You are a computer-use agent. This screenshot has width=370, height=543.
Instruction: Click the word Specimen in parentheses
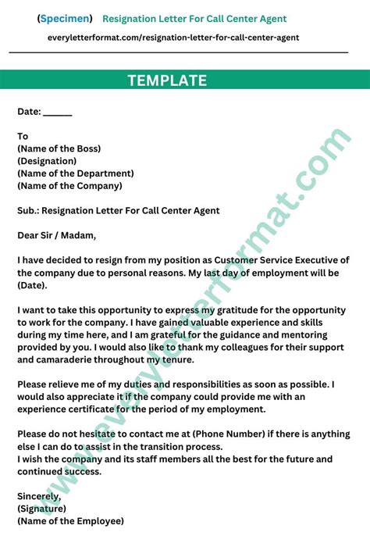64,18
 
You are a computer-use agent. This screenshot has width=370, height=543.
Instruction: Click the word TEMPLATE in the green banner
167,80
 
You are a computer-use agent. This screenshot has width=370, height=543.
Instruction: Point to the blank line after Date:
58,112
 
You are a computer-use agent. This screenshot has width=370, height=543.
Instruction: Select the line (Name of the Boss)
59,148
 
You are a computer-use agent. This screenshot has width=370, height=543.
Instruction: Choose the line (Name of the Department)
75,173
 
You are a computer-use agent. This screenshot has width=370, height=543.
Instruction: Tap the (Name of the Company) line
69,186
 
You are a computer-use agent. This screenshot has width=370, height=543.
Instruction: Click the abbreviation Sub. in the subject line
27,210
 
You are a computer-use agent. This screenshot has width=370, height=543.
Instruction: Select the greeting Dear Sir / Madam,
56,235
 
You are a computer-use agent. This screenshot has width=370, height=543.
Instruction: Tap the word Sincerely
38,495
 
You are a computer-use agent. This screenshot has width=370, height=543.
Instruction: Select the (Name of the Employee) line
70,520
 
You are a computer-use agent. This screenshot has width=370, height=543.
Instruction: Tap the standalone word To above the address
23,136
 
